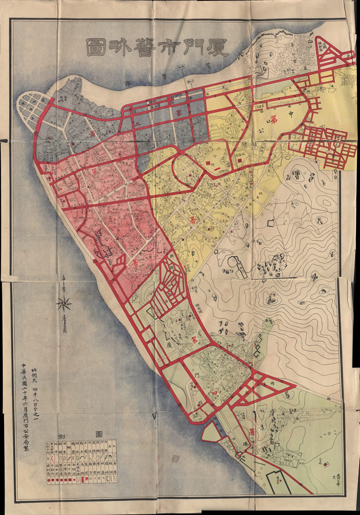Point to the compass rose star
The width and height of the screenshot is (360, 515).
pos(64,305)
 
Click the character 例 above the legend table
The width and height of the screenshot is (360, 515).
pos(62,435)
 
